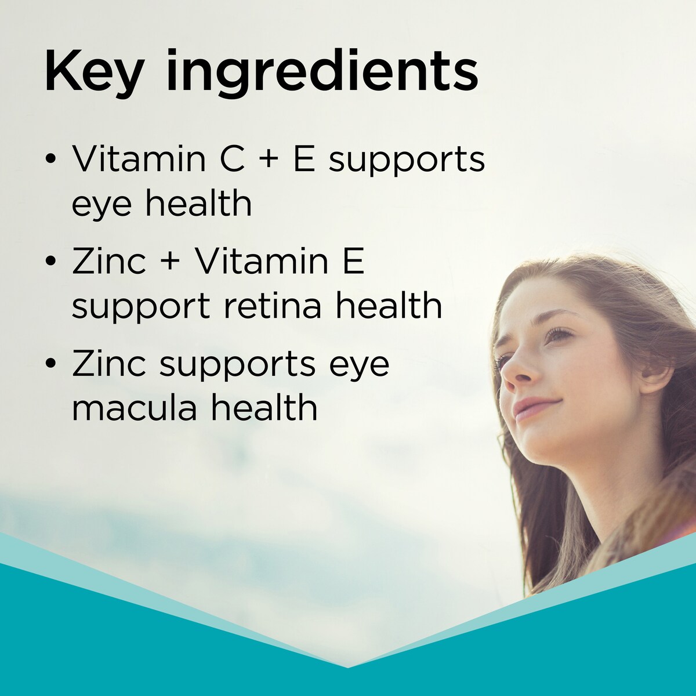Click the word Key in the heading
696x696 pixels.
(x=93, y=72)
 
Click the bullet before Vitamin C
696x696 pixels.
(x=51, y=160)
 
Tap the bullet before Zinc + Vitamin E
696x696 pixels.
(x=51, y=262)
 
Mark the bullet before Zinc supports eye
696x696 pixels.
(x=51, y=364)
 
